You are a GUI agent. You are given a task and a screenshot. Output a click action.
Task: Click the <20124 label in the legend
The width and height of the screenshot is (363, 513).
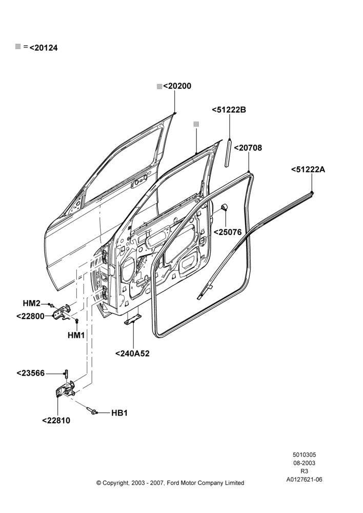click(x=44, y=48)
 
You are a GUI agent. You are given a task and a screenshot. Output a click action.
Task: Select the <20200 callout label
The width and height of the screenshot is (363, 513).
click(x=177, y=86)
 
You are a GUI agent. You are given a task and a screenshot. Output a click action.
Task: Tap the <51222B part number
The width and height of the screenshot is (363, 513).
click(x=229, y=110)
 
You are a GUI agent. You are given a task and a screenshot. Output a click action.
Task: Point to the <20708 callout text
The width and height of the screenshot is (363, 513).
click(x=248, y=148)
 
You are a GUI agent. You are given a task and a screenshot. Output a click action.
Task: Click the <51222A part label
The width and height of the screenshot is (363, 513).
click(x=308, y=169)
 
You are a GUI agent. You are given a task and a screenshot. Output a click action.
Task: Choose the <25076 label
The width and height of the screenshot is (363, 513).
click(x=228, y=232)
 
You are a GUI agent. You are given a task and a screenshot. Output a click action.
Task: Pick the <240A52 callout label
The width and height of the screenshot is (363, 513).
click(x=132, y=353)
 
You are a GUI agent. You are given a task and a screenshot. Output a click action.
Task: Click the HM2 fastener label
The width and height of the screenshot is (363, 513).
click(x=31, y=304)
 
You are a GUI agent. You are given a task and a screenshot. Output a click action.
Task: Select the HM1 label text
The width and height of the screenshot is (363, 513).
click(x=76, y=336)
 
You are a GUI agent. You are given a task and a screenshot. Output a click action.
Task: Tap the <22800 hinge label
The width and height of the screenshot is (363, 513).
click(x=30, y=317)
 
